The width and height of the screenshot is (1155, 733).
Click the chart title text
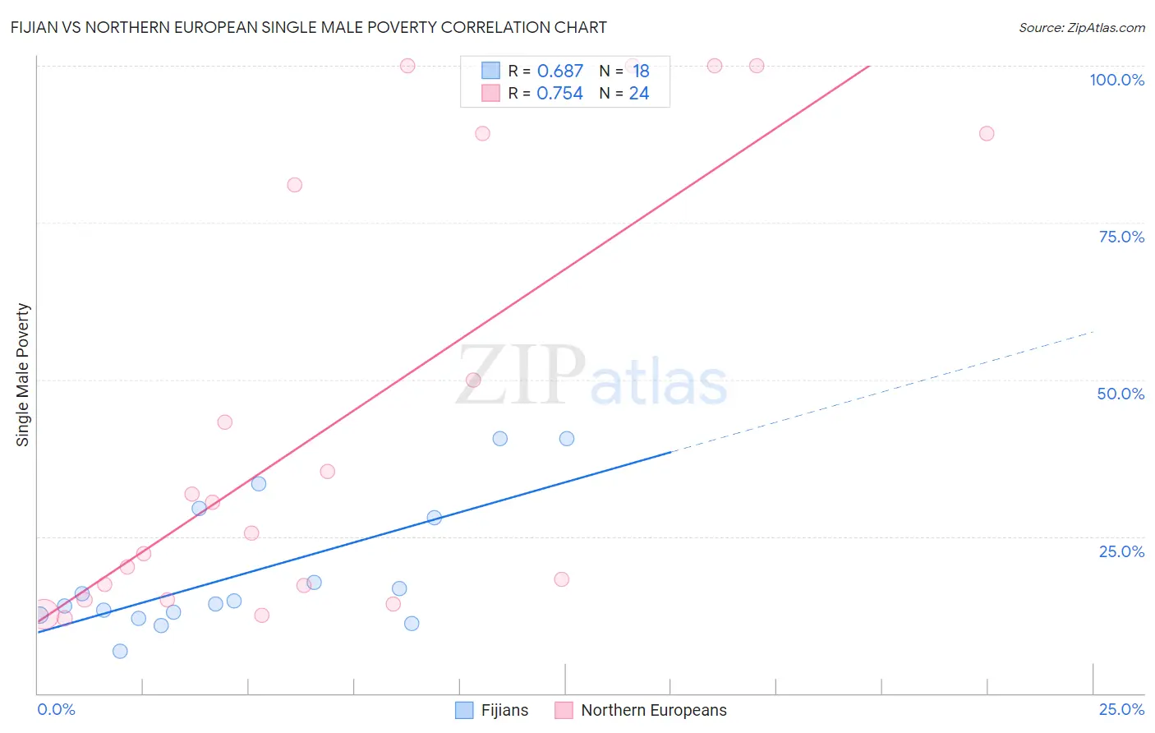point(309,27)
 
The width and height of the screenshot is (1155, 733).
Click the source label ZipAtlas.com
point(1081,28)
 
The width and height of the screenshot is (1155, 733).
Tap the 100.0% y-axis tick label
point(1116,80)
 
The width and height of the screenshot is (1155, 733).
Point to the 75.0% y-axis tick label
point(1121,237)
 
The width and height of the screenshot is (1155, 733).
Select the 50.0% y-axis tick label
point(1120,394)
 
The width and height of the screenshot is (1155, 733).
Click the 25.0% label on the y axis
point(1121,551)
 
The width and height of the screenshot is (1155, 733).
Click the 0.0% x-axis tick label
point(56,709)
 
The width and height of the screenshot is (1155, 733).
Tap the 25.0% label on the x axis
point(1121,709)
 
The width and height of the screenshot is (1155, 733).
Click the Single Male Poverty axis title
point(23,375)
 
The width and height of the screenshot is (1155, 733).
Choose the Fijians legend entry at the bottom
point(492,710)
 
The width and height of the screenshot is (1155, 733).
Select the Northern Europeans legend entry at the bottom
point(641,710)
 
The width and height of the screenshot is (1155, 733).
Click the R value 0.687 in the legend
point(559,71)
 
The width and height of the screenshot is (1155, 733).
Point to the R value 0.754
point(559,94)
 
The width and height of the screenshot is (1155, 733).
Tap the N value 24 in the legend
point(639,94)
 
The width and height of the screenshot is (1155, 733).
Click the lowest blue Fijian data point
point(120,651)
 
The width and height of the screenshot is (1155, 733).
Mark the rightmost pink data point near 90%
point(987,133)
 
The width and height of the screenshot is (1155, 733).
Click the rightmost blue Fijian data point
point(567,439)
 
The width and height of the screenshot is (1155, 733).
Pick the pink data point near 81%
point(295,185)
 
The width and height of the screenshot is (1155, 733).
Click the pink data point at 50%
point(473,380)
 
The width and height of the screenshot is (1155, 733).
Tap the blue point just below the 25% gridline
point(435,518)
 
